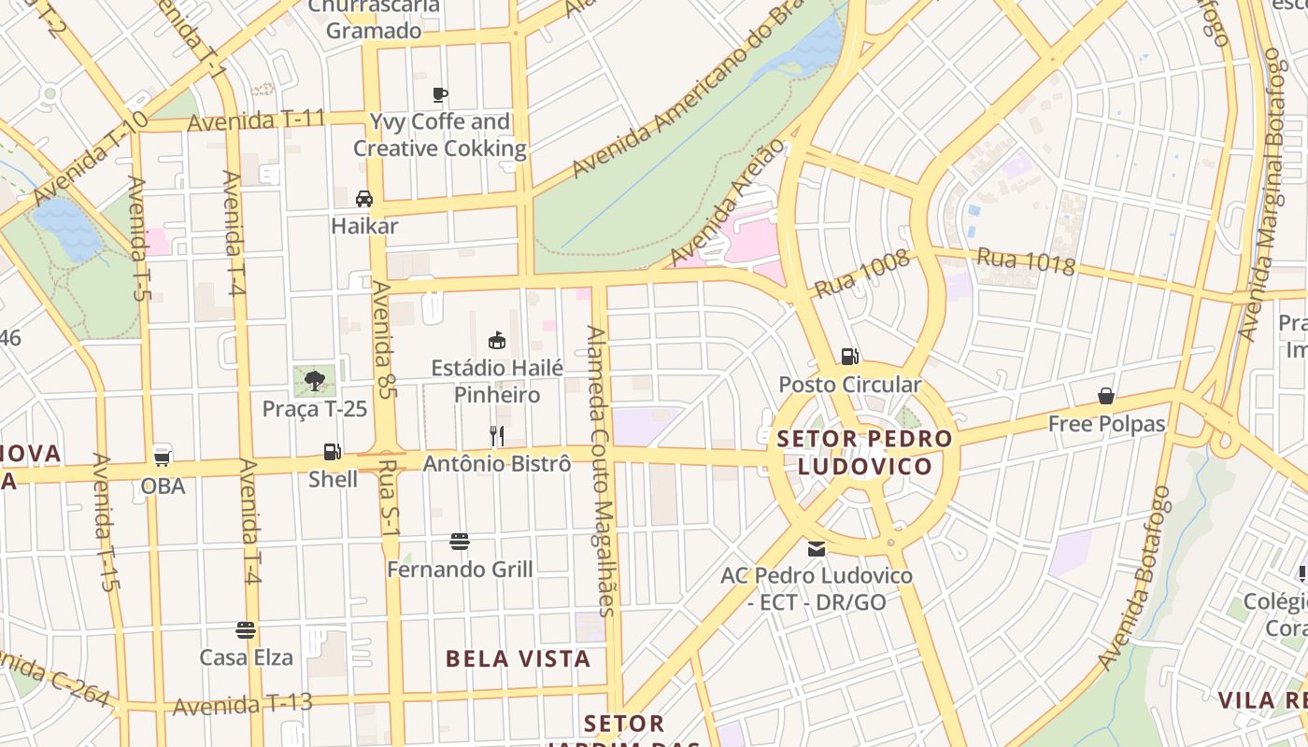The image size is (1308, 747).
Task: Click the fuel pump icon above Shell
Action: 332,452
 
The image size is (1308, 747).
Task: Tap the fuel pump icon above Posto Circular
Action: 849,356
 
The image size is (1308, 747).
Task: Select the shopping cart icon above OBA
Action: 163,458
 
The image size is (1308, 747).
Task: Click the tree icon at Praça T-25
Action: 315,380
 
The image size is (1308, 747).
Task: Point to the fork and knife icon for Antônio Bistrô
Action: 497,435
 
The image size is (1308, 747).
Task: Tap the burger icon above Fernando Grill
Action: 459,542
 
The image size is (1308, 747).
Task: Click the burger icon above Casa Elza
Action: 246,629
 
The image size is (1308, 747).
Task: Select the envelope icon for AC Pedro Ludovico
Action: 817,549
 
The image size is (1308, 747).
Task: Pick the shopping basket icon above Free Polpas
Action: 1106,396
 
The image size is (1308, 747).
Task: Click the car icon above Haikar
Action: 364,198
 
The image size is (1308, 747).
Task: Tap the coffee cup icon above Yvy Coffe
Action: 440,93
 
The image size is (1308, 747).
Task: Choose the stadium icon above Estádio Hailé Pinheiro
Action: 497,340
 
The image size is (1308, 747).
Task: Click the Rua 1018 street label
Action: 1026,261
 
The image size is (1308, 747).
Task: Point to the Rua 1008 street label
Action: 861,274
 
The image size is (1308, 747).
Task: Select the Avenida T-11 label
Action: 256,120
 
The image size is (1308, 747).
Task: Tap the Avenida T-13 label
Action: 242,704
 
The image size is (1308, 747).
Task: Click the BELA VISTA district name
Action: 518,658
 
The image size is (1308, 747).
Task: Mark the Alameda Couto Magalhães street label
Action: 600,471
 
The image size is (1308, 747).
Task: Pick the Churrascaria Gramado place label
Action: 374,19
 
